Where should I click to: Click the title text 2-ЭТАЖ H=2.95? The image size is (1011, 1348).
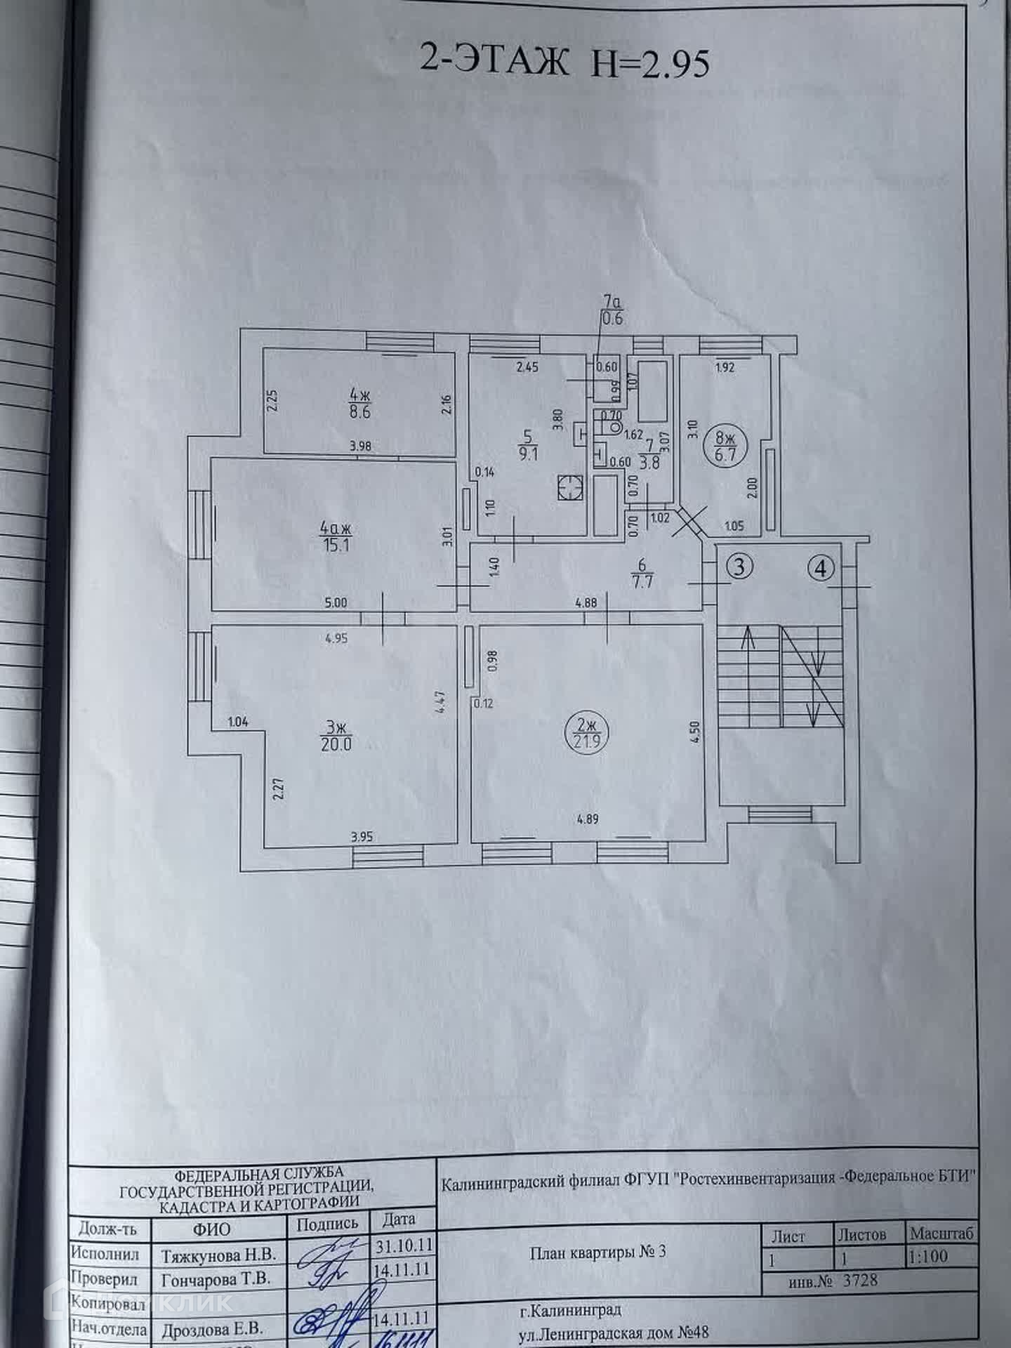tap(564, 62)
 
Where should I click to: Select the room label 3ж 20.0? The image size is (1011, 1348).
tap(337, 736)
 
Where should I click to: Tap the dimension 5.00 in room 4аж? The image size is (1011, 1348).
tap(336, 602)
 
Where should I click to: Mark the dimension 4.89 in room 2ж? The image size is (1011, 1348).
tap(587, 818)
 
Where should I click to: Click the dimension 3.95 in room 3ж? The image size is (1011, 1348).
tap(361, 836)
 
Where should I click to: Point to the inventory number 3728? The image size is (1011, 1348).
tap(861, 1280)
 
